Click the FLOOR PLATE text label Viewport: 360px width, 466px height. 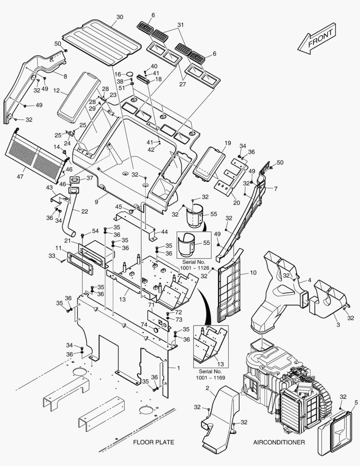pos(153,442)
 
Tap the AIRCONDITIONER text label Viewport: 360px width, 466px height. pos(279,442)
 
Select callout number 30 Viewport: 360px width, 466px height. pos(120,17)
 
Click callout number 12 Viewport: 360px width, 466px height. pos(56,91)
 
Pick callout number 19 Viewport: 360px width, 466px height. pos(227,143)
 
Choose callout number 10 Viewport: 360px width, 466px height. pos(253,273)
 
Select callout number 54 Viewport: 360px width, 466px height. pos(95,231)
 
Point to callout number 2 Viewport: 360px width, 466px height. pos(207,389)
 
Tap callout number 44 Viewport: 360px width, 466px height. pos(164,232)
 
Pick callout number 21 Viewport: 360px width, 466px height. pos(67,240)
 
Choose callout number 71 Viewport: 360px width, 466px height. pos(151,305)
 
